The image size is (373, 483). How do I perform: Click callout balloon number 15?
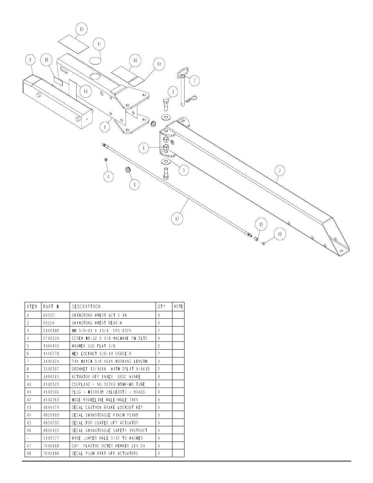tap(82, 29)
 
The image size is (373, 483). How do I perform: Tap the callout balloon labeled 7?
tap(195, 81)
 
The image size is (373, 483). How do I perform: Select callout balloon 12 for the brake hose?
tap(177, 219)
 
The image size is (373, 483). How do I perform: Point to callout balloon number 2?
tap(280, 171)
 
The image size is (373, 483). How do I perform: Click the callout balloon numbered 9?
tap(30, 60)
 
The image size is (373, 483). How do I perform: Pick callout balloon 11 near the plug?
tap(280, 234)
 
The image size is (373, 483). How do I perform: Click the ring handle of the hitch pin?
tap(183, 73)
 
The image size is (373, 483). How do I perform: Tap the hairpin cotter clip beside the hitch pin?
tap(192, 98)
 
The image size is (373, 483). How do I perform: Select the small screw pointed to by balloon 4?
tap(106, 159)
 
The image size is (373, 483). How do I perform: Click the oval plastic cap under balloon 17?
tap(95, 61)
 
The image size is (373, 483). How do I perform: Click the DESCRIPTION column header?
tap(86, 307)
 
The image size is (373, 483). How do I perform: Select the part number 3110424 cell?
tap(51, 361)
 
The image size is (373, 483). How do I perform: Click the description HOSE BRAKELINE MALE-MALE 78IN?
tap(105, 400)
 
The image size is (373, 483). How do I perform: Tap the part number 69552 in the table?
tap(49, 315)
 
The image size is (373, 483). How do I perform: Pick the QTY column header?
tap(161, 307)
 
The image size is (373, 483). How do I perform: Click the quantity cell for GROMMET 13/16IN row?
tap(159, 369)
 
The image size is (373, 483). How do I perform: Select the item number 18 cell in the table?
tap(29, 453)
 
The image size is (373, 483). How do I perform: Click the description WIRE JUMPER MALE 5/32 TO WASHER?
tap(107, 438)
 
